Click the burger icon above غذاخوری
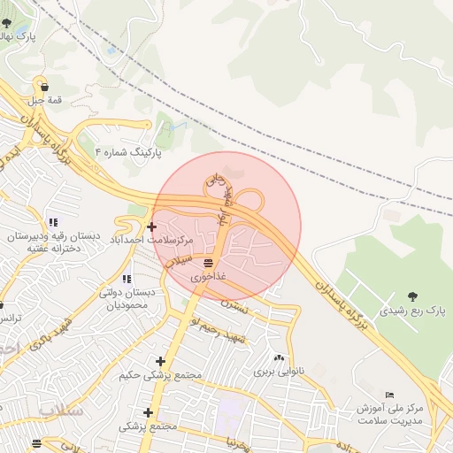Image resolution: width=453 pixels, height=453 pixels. (x=209, y=264)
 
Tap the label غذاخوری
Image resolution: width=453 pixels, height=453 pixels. (x=209, y=277)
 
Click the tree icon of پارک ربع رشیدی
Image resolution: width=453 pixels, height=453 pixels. (x=412, y=297)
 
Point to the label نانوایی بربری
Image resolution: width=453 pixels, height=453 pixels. (x=279, y=371)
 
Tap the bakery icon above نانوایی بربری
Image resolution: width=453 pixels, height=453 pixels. (x=280, y=357)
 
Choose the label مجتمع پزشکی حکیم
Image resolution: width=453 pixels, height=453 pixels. (x=160, y=375)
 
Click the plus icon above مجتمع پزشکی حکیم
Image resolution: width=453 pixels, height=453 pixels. (x=160, y=361)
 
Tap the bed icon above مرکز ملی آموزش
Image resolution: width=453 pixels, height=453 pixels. (x=390, y=395)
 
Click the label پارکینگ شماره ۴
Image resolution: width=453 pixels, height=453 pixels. (x=129, y=153)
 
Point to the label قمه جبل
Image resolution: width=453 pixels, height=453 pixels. (x=43, y=100)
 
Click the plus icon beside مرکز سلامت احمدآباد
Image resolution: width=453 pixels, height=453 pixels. (x=152, y=226)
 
